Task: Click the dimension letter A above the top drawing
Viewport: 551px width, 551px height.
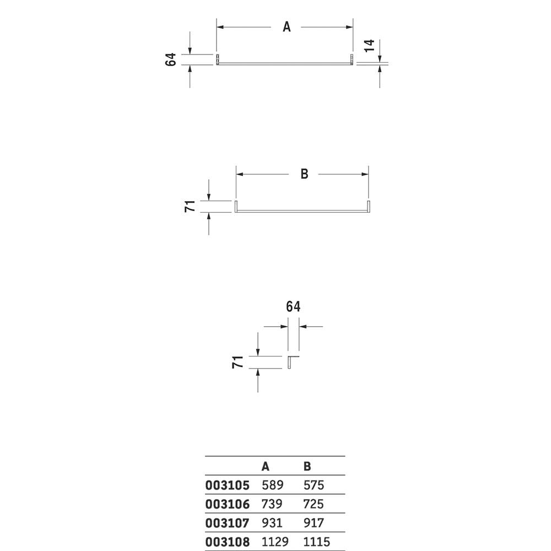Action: (x=287, y=26)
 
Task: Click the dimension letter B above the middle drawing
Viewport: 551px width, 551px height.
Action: (x=304, y=174)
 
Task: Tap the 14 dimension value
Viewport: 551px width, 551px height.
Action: (x=369, y=46)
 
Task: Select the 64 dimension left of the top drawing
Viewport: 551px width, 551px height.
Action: (x=170, y=60)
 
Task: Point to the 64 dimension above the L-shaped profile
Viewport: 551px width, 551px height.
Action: (x=293, y=306)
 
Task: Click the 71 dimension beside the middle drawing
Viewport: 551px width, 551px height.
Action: (x=190, y=206)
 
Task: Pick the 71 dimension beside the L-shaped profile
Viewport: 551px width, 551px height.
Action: (x=238, y=362)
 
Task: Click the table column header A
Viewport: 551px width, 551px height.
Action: (x=266, y=466)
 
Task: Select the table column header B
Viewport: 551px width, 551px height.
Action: (x=307, y=466)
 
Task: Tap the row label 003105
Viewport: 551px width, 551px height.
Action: (x=228, y=485)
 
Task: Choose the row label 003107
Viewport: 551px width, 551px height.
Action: (x=228, y=523)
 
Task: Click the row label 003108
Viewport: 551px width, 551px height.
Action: (x=228, y=542)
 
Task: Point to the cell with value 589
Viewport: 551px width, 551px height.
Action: (x=272, y=485)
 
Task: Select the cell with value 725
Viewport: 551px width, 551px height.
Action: (x=314, y=504)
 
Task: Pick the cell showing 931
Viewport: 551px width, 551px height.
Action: (x=272, y=523)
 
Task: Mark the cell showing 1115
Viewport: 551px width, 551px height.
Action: (x=317, y=542)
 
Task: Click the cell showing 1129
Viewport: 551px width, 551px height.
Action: (x=275, y=542)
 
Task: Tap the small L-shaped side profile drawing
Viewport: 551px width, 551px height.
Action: (x=289, y=362)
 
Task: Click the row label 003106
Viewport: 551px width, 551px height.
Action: (x=228, y=504)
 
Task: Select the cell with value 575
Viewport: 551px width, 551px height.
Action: (x=314, y=485)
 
